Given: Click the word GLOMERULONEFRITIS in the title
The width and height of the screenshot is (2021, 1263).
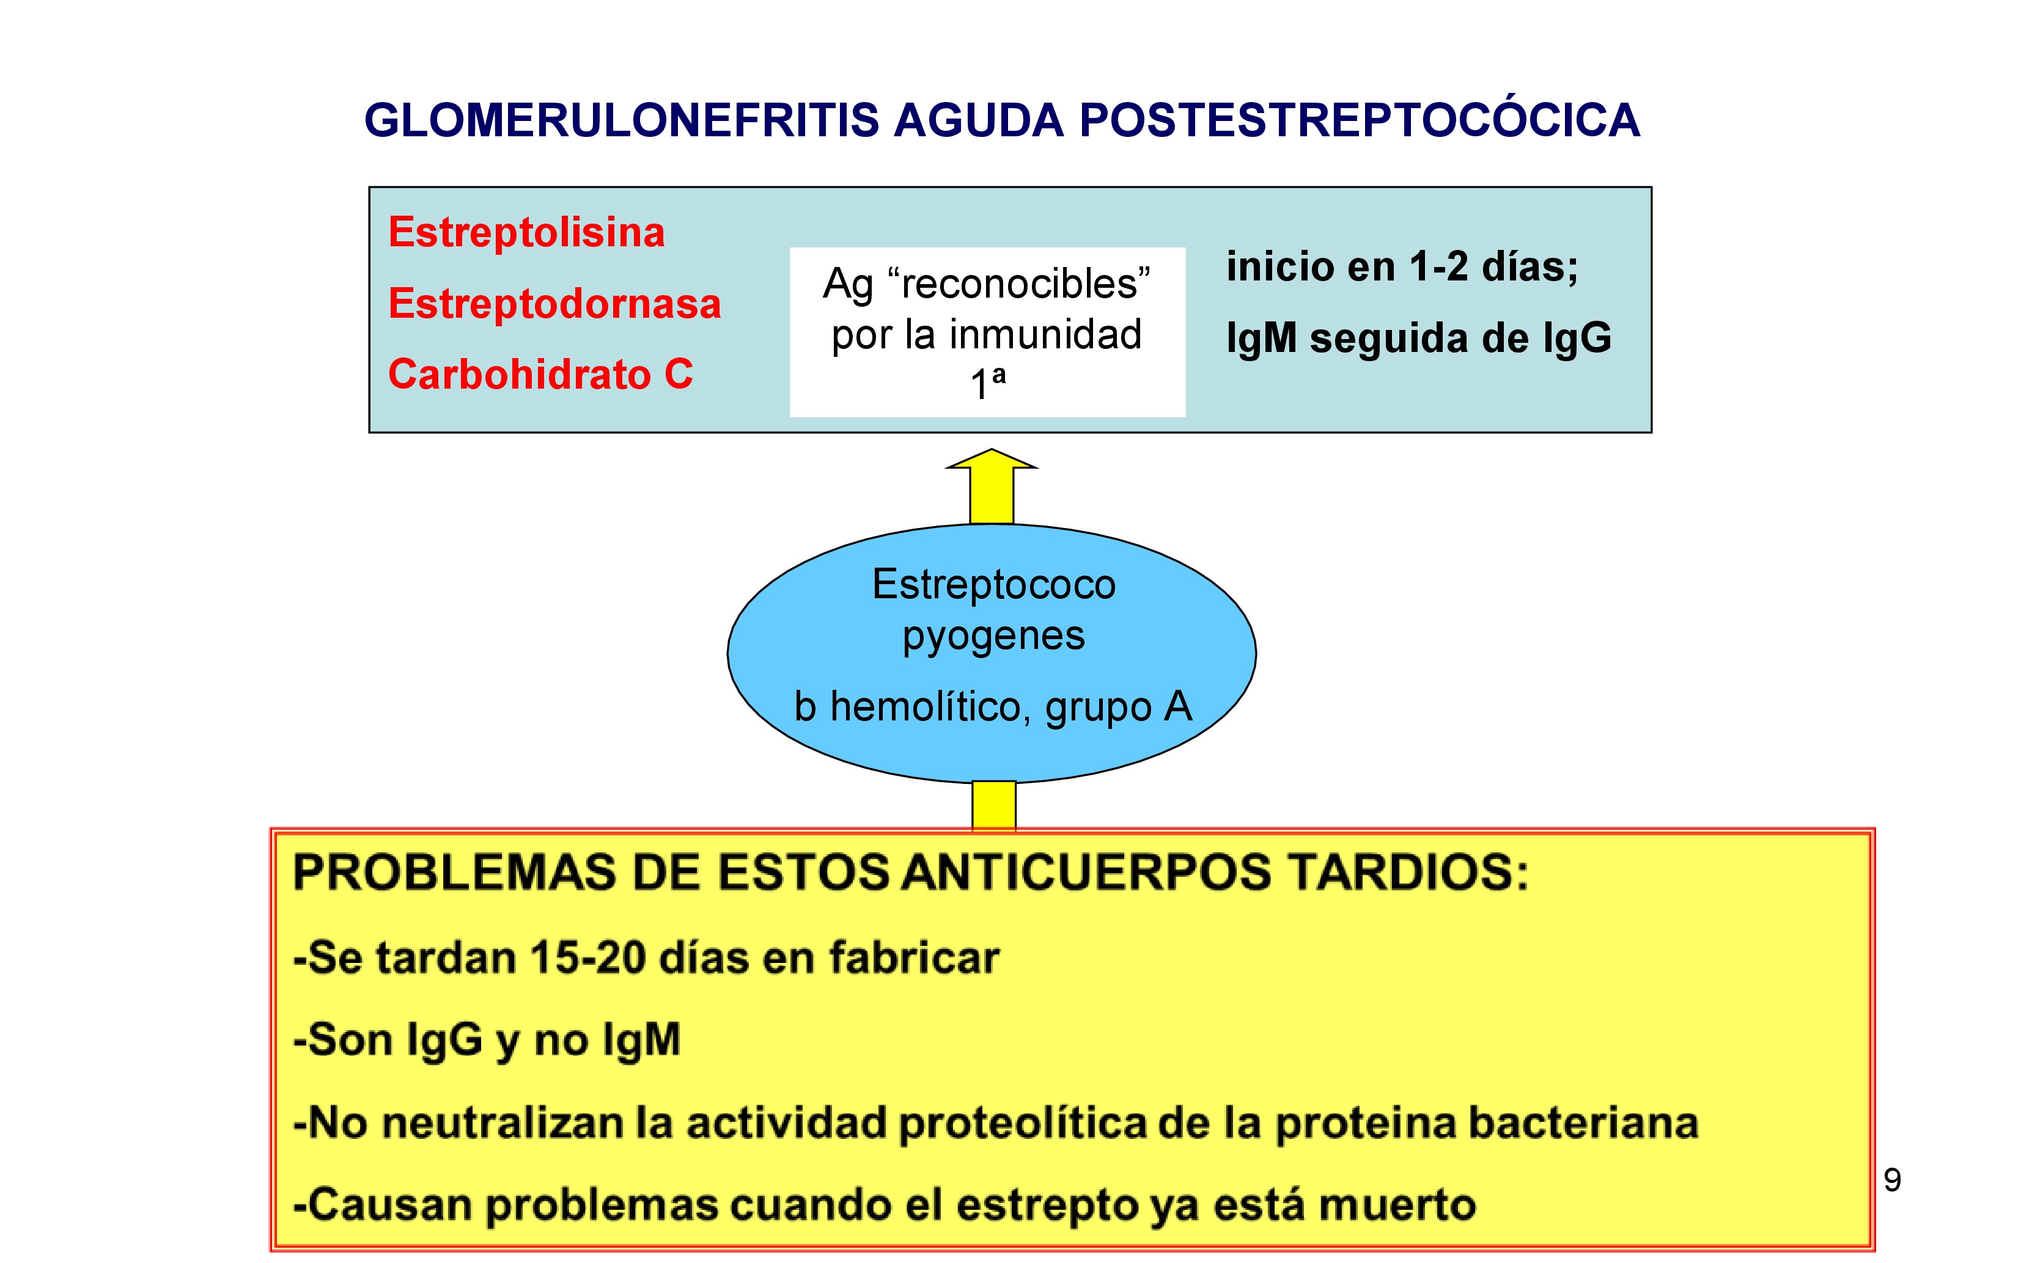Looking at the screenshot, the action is [622, 120].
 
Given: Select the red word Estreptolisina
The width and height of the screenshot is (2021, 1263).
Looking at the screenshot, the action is [526, 232].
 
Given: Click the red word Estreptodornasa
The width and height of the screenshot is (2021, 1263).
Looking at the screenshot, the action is [554, 303].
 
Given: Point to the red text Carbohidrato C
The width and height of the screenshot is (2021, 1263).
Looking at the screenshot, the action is [540, 374].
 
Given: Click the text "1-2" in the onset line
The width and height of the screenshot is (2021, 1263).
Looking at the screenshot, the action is [1438, 267].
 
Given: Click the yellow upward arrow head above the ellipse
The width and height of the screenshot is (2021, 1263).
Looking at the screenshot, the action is [992, 459].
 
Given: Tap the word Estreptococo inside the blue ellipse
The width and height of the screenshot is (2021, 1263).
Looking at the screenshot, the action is [993, 584].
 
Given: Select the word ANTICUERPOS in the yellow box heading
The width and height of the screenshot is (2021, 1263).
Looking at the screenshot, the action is [1086, 873].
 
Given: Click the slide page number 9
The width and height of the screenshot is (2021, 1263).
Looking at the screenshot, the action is [1893, 1181].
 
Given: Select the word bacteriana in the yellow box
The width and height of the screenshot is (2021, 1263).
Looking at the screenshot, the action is [1583, 1124].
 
